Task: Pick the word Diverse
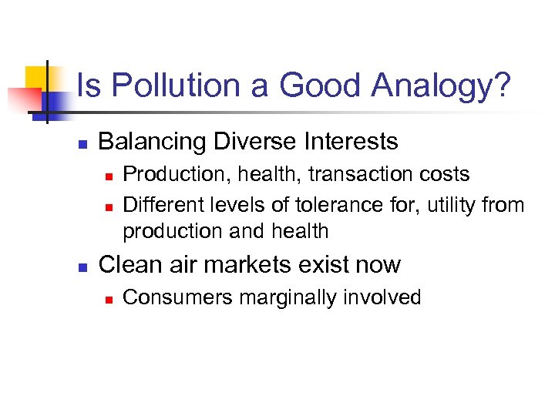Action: (x=250, y=142)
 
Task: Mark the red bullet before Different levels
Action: (x=109, y=206)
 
